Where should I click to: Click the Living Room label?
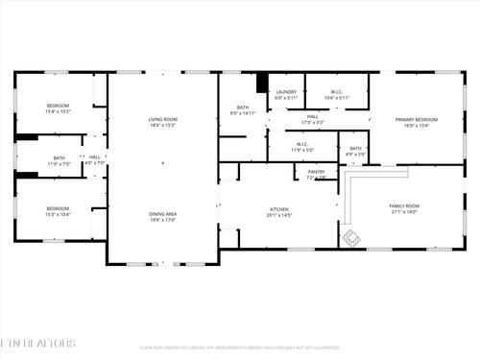click(162, 122)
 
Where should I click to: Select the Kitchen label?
click(279, 212)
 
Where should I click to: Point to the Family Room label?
click(404, 208)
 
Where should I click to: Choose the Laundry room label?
click(286, 95)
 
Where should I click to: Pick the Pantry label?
click(316, 174)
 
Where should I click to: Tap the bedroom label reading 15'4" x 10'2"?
click(59, 108)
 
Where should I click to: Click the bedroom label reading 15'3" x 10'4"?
click(59, 211)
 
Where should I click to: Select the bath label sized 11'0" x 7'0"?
click(60, 160)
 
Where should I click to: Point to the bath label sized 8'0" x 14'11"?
click(243, 109)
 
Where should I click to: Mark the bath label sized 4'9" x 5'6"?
click(355, 151)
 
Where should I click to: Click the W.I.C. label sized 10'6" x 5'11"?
click(337, 95)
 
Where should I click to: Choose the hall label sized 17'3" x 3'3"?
click(312, 119)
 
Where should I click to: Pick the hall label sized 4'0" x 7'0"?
click(94, 160)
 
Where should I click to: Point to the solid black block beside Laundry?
click(261, 82)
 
